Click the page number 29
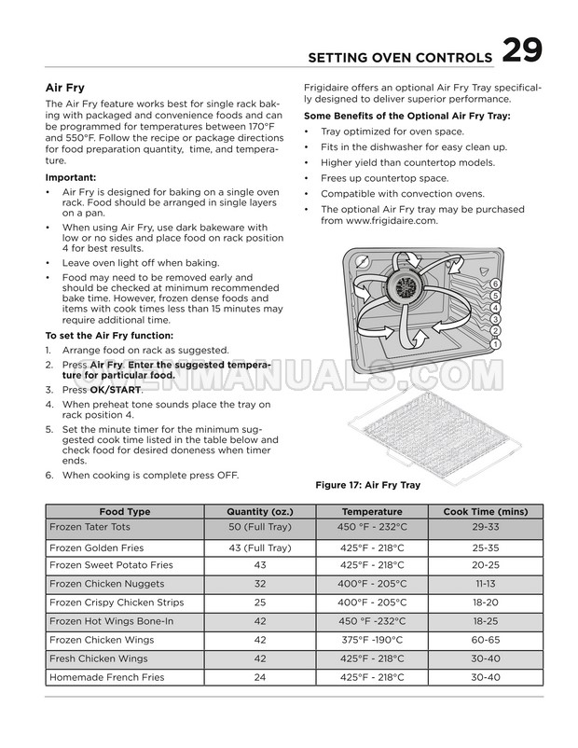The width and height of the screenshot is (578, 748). [x=523, y=51]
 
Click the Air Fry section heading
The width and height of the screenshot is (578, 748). [x=65, y=88]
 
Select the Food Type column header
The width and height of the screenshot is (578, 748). [x=125, y=512]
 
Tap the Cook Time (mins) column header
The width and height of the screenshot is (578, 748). [x=485, y=512]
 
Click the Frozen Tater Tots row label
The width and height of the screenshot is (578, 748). [x=91, y=527]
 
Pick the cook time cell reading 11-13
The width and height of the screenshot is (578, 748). [x=485, y=583]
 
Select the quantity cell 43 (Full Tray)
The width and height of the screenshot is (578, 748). [x=260, y=547]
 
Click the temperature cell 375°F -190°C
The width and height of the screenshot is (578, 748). [x=372, y=639]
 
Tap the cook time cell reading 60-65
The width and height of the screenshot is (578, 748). [x=485, y=639]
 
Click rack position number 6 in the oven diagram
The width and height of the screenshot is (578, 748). [x=495, y=284]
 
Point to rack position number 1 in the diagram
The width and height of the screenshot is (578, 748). [x=495, y=343]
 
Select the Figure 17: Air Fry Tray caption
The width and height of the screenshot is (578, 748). [x=368, y=485]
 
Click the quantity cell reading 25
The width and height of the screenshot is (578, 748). [x=260, y=603]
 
